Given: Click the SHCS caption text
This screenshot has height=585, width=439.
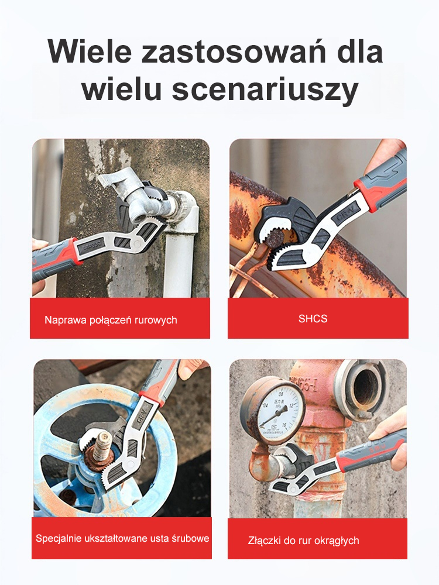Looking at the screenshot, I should [x=313, y=319].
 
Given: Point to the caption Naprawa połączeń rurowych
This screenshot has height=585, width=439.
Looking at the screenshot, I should [x=111, y=320].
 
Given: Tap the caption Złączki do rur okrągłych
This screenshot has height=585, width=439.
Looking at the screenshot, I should [x=303, y=540].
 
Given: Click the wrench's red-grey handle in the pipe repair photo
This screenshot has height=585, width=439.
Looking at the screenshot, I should [x=56, y=257].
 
